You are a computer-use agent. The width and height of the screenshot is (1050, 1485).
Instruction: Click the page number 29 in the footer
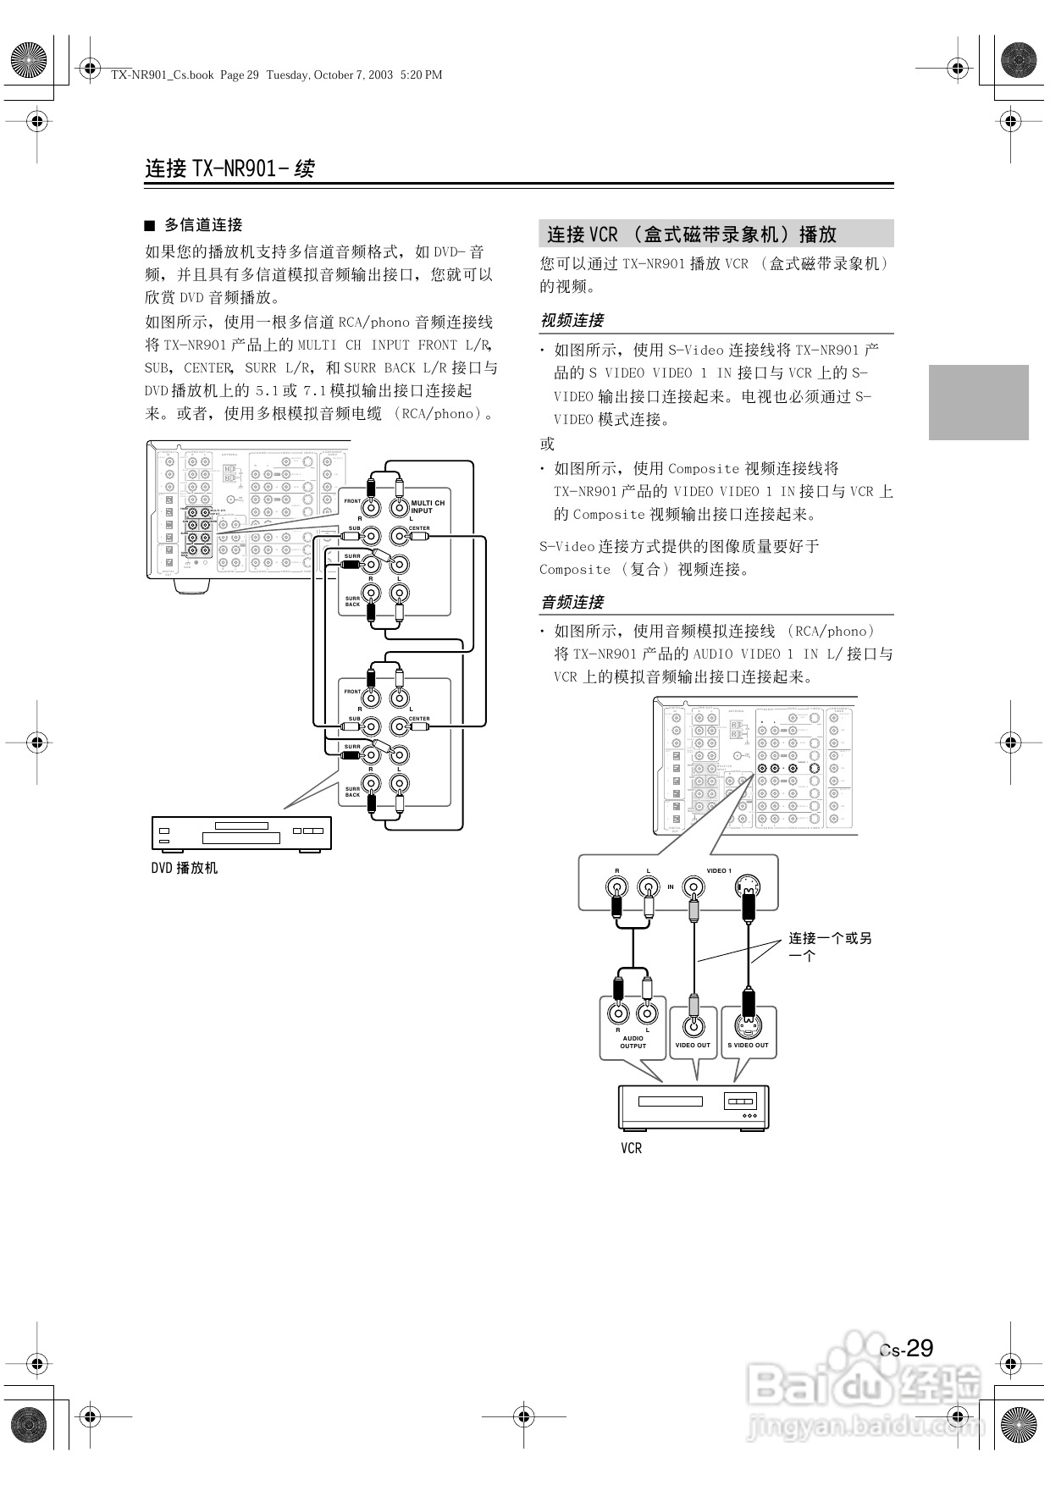(919, 1349)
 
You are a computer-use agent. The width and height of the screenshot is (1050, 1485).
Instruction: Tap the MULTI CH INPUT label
(427, 506)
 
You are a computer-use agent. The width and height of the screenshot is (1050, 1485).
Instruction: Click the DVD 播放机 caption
(184, 868)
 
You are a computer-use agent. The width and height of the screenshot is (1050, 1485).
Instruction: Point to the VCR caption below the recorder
(631, 1148)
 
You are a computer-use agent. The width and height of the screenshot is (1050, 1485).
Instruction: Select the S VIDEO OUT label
(748, 1045)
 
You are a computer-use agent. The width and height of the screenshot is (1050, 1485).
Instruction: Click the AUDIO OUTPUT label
(633, 1042)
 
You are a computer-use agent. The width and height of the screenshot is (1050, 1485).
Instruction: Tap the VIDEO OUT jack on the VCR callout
(694, 1026)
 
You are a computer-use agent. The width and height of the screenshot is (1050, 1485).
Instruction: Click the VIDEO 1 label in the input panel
(719, 870)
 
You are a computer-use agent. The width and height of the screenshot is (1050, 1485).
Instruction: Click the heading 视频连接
(572, 320)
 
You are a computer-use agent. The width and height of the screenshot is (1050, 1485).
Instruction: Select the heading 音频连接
(572, 602)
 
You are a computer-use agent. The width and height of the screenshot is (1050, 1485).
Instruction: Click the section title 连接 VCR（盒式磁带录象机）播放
(691, 235)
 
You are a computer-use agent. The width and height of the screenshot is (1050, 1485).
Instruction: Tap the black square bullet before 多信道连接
(150, 225)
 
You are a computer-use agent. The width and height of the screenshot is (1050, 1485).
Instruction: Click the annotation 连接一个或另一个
(829, 947)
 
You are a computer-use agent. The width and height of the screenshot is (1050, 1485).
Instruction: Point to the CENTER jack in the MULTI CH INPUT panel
(399, 536)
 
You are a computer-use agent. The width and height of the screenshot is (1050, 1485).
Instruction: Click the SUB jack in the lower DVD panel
(371, 726)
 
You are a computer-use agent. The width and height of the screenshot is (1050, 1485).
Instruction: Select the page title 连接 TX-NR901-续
(229, 168)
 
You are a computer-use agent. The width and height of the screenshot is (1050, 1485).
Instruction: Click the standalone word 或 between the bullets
(547, 444)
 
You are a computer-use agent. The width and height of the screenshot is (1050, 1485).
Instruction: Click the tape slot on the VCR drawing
(670, 1101)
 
